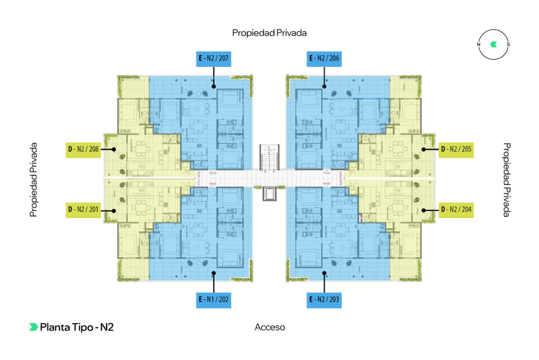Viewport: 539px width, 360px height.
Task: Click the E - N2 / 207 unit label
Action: click(x=214, y=58)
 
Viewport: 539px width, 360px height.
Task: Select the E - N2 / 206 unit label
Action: click(x=324, y=58)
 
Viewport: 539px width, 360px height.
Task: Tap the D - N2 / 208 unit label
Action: click(x=83, y=149)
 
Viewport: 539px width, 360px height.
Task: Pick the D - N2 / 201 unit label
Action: click(x=83, y=210)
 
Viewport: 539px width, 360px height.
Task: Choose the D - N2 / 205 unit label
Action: click(x=456, y=149)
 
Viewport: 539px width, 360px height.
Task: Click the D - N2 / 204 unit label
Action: click(x=456, y=210)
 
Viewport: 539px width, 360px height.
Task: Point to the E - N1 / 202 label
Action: click(x=214, y=299)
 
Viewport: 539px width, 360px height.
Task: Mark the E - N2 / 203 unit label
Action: click(x=324, y=299)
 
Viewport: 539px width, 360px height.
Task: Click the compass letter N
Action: click(x=479, y=45)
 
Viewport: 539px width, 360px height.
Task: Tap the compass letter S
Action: click(x=508, y=45)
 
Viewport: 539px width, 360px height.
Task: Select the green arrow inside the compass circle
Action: click(x=493, y=45)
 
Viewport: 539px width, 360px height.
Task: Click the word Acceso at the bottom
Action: click(x=270, y=327)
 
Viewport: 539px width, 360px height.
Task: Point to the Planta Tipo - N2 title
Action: click(x=77, y=327)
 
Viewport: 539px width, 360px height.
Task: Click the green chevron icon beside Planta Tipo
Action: click(x=33, y=327)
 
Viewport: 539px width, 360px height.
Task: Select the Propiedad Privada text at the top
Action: click(x=270, y=33)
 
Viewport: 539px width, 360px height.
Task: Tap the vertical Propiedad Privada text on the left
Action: click(x=33, y=179)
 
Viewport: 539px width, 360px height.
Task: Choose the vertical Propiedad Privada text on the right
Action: click(x=507, y=179)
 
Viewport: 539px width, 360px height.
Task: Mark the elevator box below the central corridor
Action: click(x=270, y=194)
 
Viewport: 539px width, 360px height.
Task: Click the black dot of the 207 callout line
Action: click(x=214, y=86)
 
